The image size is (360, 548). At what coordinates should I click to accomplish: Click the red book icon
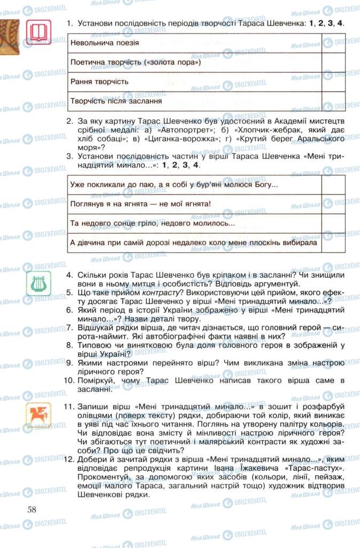click(x=39, y=33)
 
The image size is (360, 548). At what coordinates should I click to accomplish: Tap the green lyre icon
click(x=39, y=284)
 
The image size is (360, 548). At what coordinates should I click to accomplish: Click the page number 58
click(x=32, y=509)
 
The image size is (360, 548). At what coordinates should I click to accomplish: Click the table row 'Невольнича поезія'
click(x=195, y=43)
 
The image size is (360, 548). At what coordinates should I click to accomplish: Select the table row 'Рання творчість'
click(x=195, y=82)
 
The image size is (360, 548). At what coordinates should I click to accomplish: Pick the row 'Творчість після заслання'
click(x=195, y=101)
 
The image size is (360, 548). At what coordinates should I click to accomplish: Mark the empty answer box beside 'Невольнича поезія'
click(x=333, y=43)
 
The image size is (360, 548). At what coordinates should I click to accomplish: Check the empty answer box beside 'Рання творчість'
click(x=333, y=82)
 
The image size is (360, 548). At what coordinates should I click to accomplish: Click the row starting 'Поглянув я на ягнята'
click(x=195, y=204)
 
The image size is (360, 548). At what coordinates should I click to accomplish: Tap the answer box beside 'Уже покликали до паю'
click(x=333, y=185)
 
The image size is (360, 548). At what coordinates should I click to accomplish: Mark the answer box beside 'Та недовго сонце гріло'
click(x=333, y=223)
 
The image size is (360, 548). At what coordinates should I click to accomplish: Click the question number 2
click(x=70, y=121)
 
